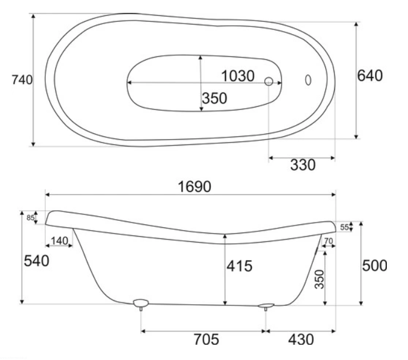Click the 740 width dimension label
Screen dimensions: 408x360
(x=22, y=80)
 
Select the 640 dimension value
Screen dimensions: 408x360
(x=370, y=76)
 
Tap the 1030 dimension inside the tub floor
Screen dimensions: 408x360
(x=238, y=76)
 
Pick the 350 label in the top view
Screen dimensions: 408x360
(x=214, y=98)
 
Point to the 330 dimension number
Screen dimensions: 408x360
(x=302, y=165)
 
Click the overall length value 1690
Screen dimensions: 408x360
(x=194, y=187)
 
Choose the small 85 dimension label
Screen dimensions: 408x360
(x=30, y=217)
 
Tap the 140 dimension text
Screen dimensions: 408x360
(x=59, y=241)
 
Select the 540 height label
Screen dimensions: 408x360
(x=36, y=261)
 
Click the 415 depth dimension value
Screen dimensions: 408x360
(x=240, y=266)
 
